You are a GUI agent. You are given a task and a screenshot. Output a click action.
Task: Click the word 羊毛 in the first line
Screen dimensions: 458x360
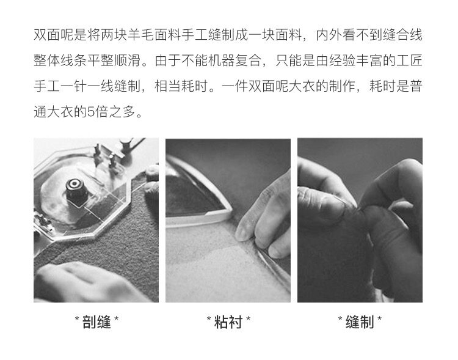tap(142, 35)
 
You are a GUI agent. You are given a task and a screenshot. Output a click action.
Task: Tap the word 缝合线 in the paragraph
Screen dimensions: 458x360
tap(402, 35)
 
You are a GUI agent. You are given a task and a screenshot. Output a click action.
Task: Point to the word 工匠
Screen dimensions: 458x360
tap(409, 61)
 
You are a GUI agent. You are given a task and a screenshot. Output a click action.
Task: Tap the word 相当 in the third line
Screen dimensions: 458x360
tap(168, 86)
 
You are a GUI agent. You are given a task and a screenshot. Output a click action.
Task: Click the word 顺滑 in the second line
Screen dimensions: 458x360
tap(128, 61)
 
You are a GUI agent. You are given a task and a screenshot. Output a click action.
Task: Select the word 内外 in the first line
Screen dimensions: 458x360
tap(329, 35)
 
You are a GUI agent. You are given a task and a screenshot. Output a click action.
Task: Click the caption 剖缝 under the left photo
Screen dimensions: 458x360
tap(96, 322)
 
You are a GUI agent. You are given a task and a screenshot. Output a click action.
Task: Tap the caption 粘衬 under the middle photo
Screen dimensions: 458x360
tap(228, 322)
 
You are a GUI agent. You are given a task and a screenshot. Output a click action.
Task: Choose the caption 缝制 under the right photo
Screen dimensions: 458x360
tap(360, 322)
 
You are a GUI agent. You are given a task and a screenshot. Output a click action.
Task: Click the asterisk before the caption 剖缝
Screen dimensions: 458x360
tap(77, 319)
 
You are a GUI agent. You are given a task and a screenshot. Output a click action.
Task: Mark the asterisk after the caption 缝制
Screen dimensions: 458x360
tap(379, 319)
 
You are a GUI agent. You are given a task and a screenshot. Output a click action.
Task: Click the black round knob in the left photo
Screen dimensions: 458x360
tap(75, 189)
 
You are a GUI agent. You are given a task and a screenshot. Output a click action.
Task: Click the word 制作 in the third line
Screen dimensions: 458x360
tap(343, 86)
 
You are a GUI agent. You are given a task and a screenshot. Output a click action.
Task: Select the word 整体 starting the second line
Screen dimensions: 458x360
tap(47, 61)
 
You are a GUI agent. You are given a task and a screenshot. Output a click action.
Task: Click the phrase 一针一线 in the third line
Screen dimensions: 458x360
tap(87, 86)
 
